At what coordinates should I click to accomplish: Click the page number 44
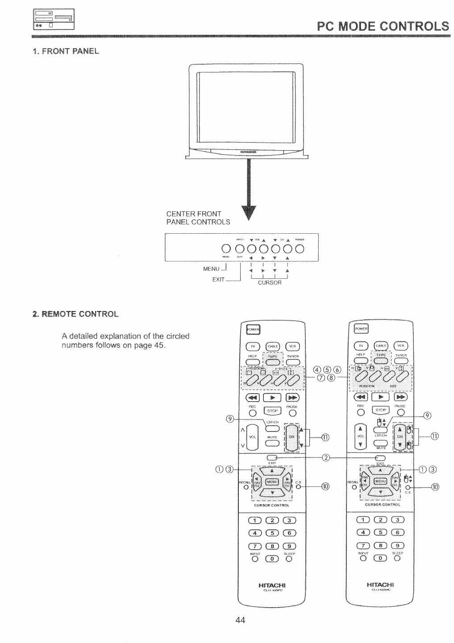coord(241,620)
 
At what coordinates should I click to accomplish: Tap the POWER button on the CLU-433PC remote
coord(253,330)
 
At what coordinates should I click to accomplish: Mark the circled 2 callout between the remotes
coord(326,458)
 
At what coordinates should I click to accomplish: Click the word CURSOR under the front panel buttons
coord(270,282)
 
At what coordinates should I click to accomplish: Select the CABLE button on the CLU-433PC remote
coord(272,346)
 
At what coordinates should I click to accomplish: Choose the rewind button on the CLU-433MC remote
coord(361,396)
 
